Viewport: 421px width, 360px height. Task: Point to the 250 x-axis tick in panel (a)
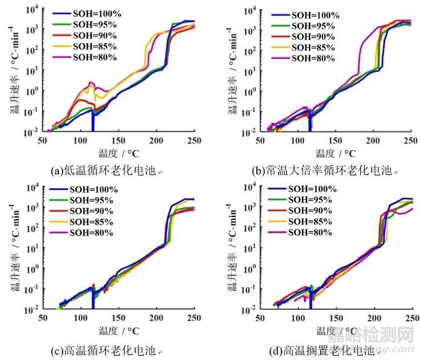[194, 141]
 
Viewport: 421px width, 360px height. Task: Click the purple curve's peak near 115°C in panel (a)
[91, 82]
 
